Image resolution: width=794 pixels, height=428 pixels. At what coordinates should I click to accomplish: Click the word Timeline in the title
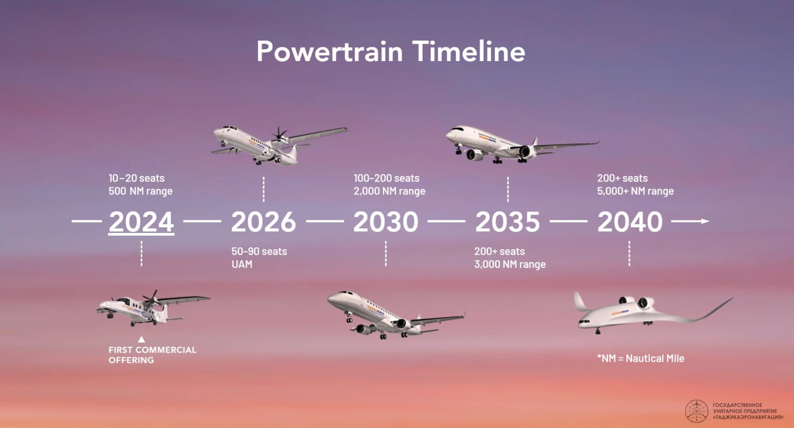tap(469, 51)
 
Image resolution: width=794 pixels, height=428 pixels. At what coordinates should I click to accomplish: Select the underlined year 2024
tap(141, 222)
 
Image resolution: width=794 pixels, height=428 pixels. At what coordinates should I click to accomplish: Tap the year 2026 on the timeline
tap(263, 222)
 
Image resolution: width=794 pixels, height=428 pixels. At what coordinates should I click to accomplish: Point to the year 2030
tap(386, 222)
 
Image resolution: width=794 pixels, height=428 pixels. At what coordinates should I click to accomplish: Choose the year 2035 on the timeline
tap(508, 222)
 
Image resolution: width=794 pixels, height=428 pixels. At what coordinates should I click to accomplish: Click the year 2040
tap(630, 222)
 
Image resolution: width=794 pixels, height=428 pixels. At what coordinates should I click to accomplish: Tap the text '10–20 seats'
tap(136, 178)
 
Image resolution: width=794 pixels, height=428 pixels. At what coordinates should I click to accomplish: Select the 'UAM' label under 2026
tap(242, 264)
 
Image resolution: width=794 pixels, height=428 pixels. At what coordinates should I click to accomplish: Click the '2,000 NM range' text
tap(389, 191)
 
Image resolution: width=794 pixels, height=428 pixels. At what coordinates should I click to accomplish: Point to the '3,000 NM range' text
tap(510, 264)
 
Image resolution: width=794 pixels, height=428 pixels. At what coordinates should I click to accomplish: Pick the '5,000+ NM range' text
tap(635, 191)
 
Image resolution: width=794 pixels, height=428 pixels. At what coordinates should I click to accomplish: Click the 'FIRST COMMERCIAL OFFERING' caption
tap(152, 355)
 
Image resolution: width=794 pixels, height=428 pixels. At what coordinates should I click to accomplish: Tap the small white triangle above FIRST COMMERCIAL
tap(142, 339)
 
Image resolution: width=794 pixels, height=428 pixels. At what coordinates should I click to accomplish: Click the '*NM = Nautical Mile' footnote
tap(641, 359)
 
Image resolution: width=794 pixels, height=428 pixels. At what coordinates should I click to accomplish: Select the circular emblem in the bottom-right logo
tap(697, 411)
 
